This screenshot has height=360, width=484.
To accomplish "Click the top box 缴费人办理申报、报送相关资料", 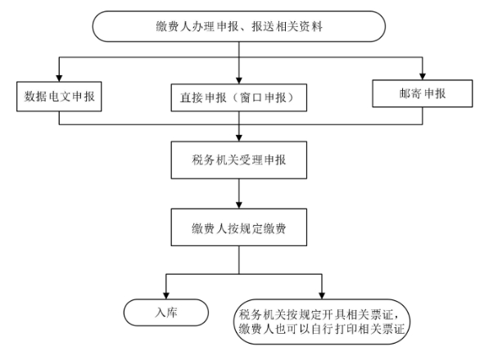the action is tap(239, 26).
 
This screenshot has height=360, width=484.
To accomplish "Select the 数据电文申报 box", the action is tap(59, 97).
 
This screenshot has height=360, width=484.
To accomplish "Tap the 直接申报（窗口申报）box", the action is tap(239, 97).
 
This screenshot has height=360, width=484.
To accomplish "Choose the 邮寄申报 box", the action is tap(423, 93).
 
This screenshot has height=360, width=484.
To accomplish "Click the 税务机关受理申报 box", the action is tap(239, 160).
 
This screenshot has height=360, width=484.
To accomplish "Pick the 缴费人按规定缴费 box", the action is tap(239, 227).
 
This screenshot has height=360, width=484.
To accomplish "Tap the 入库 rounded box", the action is tap(166, 313).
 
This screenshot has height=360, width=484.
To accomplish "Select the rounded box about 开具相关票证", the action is tap(322, 322).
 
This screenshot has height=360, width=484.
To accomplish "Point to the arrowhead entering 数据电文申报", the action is tap(59, 78).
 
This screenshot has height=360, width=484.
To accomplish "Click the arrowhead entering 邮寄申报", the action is tap(423, 77).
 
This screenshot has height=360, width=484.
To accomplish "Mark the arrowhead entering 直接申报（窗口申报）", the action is tap(239, 80).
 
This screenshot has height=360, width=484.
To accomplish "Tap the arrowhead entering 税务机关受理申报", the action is tap(239, 138).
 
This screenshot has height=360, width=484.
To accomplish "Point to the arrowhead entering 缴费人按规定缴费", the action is tap(239, 205).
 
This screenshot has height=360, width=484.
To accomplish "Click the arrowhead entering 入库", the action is tap(166, 295).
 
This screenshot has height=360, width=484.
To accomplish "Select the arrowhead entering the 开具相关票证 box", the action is tap(322, 295).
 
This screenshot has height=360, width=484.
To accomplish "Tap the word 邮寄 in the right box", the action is tap(410, 93).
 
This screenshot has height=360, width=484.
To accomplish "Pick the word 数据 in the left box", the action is tap(35, 97).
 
